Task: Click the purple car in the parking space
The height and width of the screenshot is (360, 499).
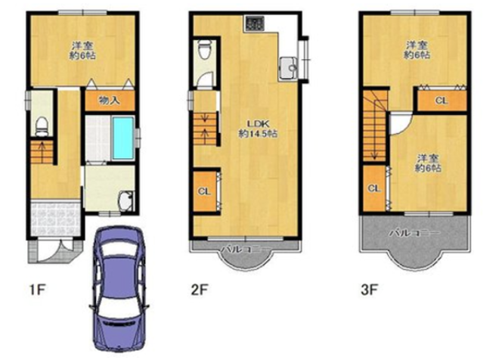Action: click(119, 289)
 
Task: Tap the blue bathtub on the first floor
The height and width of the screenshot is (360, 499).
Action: click(123, 138)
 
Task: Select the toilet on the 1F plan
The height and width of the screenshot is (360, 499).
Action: click(42, 126)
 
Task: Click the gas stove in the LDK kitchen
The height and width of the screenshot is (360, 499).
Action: click(254, 23)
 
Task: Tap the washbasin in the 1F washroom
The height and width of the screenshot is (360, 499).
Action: click(126, 201)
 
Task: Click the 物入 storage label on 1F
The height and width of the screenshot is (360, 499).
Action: click(109, 101)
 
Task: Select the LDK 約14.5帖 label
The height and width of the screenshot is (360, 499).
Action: click(258, 129)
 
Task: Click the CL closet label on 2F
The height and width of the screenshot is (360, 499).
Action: click(204, 191)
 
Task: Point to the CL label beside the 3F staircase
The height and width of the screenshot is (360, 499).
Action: click(374, 188)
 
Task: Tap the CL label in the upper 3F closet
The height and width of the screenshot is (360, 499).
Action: click(442, 101)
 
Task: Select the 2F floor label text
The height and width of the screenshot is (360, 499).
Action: click(199, 290)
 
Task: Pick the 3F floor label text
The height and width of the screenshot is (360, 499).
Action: click(369, 290)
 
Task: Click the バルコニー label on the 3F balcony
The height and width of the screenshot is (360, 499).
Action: click(415, 233)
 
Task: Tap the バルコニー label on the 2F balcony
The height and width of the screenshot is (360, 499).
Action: click(246, 249)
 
